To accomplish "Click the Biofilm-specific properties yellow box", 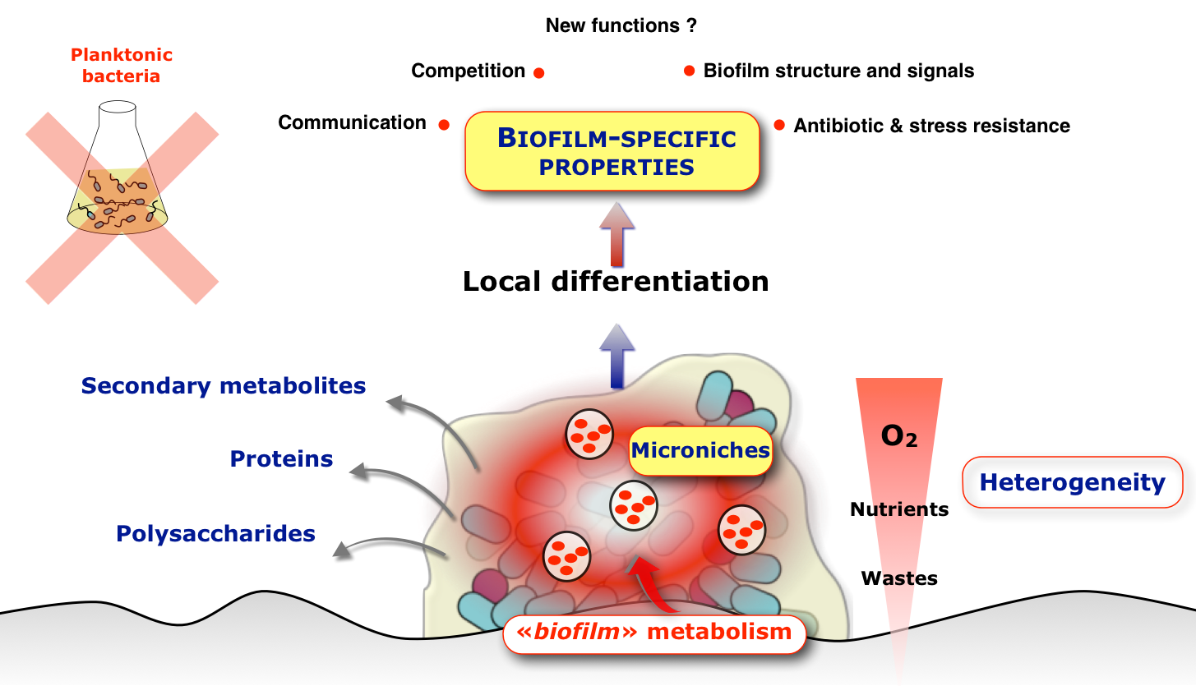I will point(612,152).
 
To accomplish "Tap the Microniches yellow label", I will point(700,450).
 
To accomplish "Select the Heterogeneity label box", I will point(1072,482).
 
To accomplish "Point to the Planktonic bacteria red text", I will point(121,66).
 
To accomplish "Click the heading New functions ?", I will point(621,25).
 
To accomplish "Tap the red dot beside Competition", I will point(539,72).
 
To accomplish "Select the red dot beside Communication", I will point(444,125).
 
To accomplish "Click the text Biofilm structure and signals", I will point(838,71).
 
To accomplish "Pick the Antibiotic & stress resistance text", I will point(931,126).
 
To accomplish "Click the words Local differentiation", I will point(616,281).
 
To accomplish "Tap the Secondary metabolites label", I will point(224,385).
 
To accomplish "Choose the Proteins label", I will point(281,458).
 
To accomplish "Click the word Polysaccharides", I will point(215,534).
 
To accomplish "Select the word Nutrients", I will point(899,509).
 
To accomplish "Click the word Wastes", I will point(899,578).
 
